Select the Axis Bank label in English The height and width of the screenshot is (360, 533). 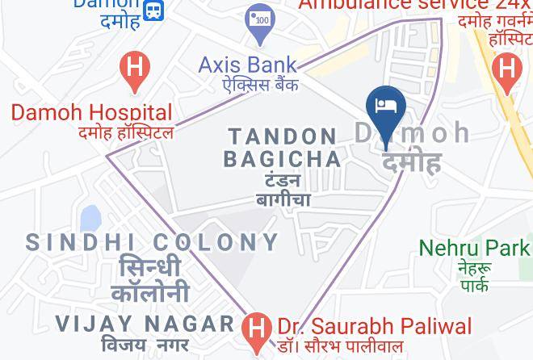pos(248,65)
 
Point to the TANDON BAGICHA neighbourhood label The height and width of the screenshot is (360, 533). pos(283,147)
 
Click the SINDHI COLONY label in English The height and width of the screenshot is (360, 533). pos(153,241)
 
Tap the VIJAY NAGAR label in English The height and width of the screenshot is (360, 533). pos(145,324)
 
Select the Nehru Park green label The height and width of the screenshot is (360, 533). pos(475,248)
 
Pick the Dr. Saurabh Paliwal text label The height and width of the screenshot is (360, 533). pos(375,326)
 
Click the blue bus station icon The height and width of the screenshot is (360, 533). pos(153,10)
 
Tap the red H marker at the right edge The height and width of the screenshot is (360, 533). pos(506,69)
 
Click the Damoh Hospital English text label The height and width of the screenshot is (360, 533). pos(91,112)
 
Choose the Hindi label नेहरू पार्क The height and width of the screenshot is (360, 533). pos(474,276)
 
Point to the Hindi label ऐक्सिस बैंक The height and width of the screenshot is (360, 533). pos(250,84)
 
